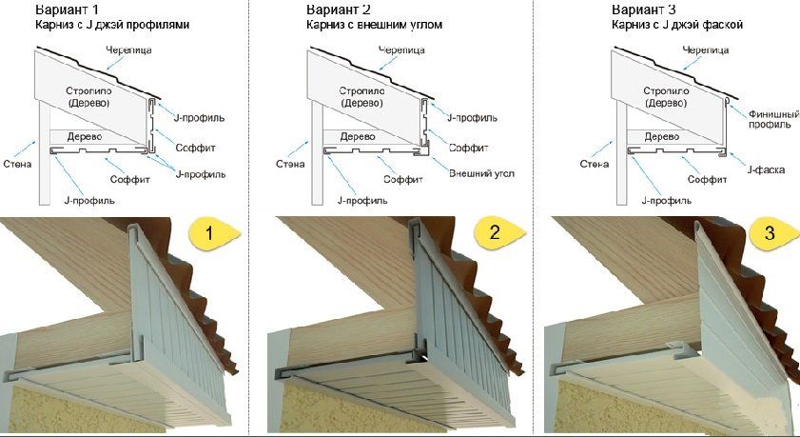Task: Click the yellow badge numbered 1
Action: pos(213,234)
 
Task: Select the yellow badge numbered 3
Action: pos(773,233)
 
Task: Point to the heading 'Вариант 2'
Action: pos(339,9)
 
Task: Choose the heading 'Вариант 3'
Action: pos(644,9)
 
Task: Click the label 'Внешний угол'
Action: pos(481,173)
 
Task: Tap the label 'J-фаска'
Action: pos(766,169)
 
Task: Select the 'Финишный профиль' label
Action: pos(773,119)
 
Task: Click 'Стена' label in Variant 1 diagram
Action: pos(17,164)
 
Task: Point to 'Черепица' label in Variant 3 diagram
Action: pos(706,50)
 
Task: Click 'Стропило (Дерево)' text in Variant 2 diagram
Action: pos(361,97)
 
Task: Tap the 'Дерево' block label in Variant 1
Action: pos(84,137)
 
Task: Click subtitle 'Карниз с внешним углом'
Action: pos(375,25)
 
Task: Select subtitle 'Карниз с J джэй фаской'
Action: pos(677,25)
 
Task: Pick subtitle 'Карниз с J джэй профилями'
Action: pos(112,25)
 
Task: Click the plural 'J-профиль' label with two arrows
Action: pos(201,174)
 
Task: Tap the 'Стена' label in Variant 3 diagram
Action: pos(595,164)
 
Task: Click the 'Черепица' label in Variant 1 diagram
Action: pos(128,50)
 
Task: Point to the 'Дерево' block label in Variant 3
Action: pos(662,137)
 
